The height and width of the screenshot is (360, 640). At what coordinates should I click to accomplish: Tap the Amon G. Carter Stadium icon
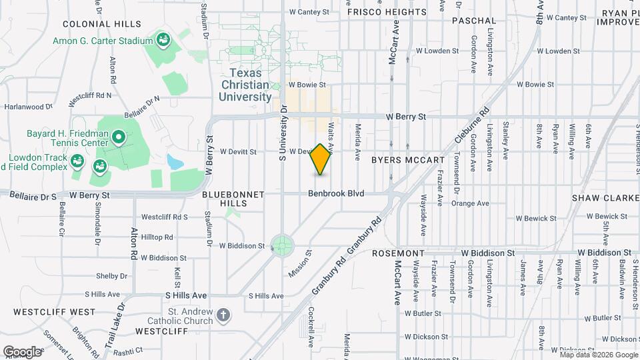coord(163,41)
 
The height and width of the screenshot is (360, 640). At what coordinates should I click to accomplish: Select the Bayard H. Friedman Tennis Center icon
coord(119,138)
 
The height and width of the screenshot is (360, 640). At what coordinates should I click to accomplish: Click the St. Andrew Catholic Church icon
coord(223,313)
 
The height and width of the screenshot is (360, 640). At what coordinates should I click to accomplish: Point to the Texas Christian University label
coord(245,85)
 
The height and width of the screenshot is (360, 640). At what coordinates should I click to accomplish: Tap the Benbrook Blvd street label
coord(336,193)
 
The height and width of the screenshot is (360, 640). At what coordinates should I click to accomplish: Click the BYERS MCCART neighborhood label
coord(407,161)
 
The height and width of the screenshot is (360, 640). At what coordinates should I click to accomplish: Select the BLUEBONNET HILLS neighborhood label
coord(233,195)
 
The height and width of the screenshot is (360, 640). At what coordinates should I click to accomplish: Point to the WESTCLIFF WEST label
coord(45,311)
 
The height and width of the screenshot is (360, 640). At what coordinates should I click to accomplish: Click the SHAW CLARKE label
coord(605,198)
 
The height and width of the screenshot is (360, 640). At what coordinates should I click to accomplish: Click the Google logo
coord(22,351)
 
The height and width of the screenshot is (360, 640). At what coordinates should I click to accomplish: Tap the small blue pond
coord(174,162)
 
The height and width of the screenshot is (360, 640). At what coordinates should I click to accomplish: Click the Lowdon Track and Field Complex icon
coord(77,160)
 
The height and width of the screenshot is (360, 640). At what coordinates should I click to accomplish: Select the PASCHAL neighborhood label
coord(474,21)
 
